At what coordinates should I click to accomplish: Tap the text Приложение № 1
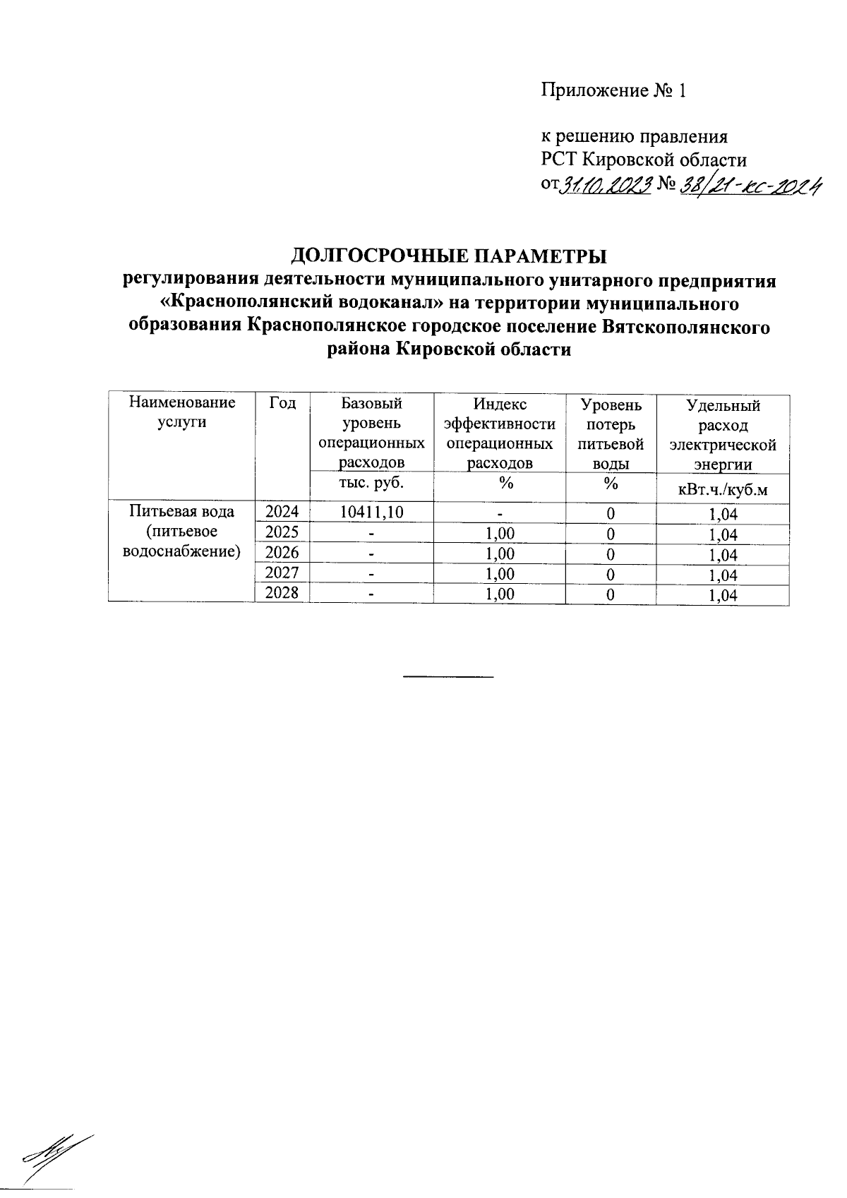(613, 91)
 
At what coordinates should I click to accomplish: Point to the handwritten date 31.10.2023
(604, 185)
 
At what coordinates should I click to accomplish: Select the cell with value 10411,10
(371, 512)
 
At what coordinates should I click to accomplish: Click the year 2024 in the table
(282, 512)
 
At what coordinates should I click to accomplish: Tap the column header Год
(282, 404)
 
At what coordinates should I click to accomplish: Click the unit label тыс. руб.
(371, 484)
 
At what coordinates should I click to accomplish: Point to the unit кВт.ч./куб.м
(722, 489)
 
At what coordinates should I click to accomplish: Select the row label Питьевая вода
(181, 511)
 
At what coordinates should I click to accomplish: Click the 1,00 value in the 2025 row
(499, 533)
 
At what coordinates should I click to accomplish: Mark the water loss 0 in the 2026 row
(611, 553)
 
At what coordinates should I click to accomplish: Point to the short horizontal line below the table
(447, 677)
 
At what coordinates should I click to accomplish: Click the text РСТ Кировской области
(643, 160)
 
